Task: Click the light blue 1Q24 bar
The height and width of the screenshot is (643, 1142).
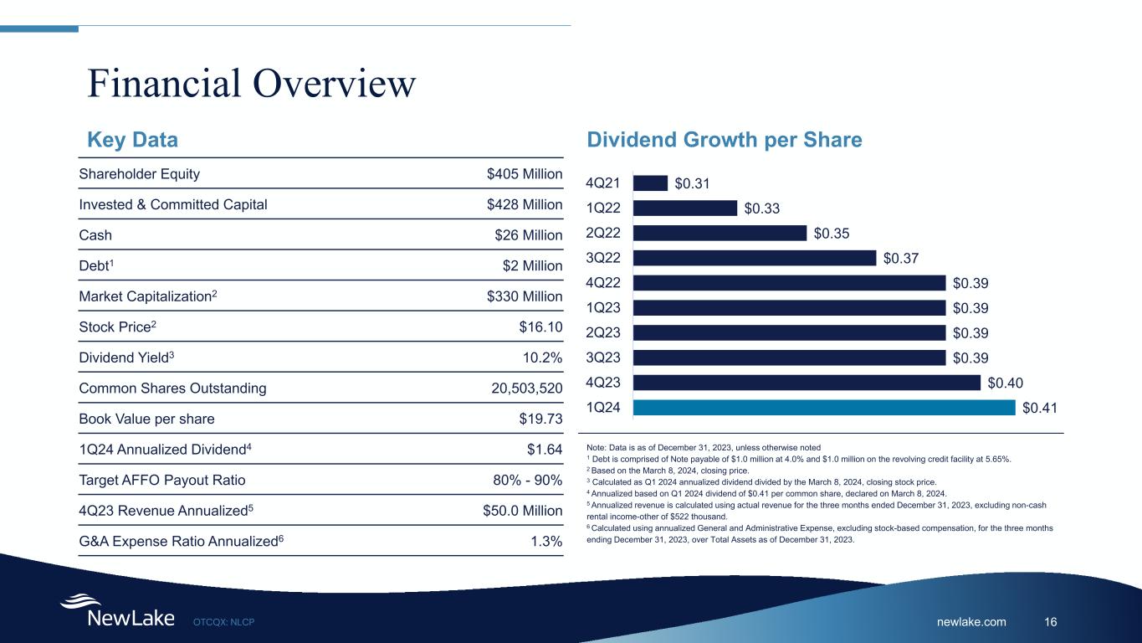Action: tap(824, 408)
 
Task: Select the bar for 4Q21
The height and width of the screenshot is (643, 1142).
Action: tap(650, 183)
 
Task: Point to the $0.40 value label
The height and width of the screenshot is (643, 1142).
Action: tap(1006, 383)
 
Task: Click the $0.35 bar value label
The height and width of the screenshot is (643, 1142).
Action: tap(832, 233)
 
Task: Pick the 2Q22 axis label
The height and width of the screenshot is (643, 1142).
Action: tap(603, 233)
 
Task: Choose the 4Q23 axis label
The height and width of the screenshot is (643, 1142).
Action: tap(603, 383)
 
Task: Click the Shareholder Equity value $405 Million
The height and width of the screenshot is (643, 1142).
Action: tap(524, 174)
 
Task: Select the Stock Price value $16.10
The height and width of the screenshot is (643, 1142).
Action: tap(540, 327)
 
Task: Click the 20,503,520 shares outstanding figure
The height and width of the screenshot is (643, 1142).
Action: tap(525, 388)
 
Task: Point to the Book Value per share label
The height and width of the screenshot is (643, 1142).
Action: tap(146, 419)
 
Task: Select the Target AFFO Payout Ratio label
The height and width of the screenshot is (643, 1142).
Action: tap(162, 481)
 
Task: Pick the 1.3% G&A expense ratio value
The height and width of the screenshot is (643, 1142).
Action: tap(547, 542)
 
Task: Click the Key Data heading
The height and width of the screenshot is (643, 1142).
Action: tap(133, 140)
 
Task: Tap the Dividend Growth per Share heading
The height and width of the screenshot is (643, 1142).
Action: tap(725, 140)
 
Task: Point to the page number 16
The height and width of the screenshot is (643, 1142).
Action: tap(1051, 621)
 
